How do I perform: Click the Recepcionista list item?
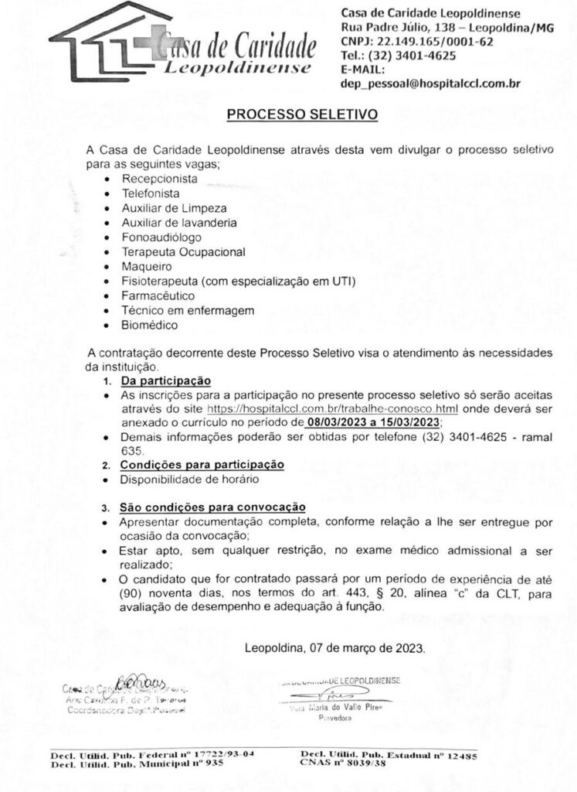pyautogui.click(x=159, y=179)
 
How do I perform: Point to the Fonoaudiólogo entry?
pyautogui.click(x=161, y=237)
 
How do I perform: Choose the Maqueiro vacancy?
pyautogui.click(x=146, y=267)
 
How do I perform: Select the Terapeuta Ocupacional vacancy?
pyautogui.click(x=183, y=252)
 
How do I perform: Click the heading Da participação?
pyautogui.click(x=166, y=381)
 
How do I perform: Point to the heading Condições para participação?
pyautogui.click(x=202, y=465)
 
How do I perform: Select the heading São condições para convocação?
pyautogui.click(x=212, y=507)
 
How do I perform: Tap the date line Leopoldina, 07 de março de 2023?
pyautogui.click(x=334, y=648)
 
